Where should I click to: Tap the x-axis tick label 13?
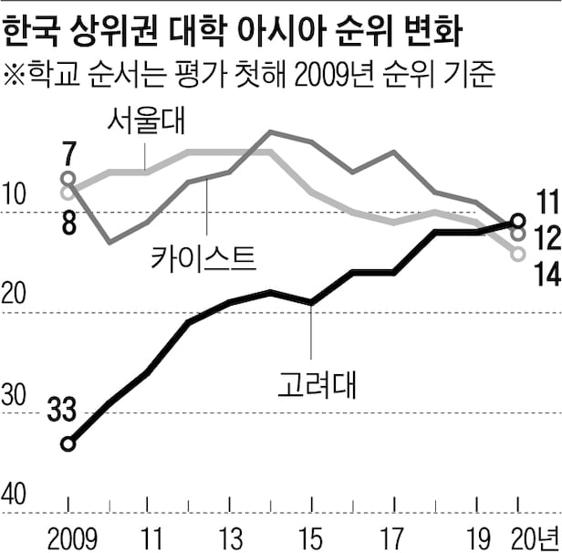click(231, 534)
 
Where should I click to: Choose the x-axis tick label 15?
click(312, 534)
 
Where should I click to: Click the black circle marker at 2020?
click(518, 221)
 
